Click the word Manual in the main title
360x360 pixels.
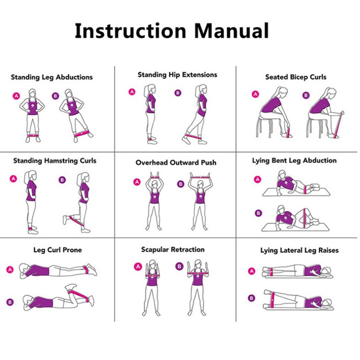click(232, 31)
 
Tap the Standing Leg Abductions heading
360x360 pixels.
click(52, 77)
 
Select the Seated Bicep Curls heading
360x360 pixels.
click(296, 77)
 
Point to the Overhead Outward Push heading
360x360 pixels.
click(176, 163)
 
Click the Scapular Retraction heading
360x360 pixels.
click(173, 250)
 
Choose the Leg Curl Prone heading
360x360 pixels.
click(58, 250)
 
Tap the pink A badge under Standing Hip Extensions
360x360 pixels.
click(132, 92)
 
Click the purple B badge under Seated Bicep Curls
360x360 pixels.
click(306, 96)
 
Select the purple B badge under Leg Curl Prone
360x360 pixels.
click(10, 302)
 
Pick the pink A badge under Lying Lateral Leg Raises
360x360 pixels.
click(252, 271)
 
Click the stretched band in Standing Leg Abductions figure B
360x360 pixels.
click(82, 133)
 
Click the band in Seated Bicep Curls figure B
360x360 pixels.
click(339, 125)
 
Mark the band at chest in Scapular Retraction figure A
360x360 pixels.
click(153, 276)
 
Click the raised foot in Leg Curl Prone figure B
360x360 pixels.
click(71, 287)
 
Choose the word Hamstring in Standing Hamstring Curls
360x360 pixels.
click(61, 161)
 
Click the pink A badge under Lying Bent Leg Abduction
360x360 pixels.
click(258, 180)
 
